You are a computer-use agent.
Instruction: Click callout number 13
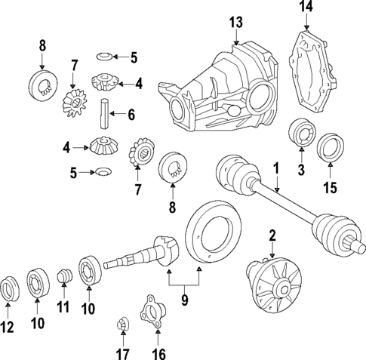(236, 23)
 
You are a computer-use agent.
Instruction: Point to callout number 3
(300, 171)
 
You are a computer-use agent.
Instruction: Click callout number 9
(184, 300)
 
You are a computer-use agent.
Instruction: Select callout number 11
(63, 307)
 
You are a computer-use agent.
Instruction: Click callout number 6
(131, 115)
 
